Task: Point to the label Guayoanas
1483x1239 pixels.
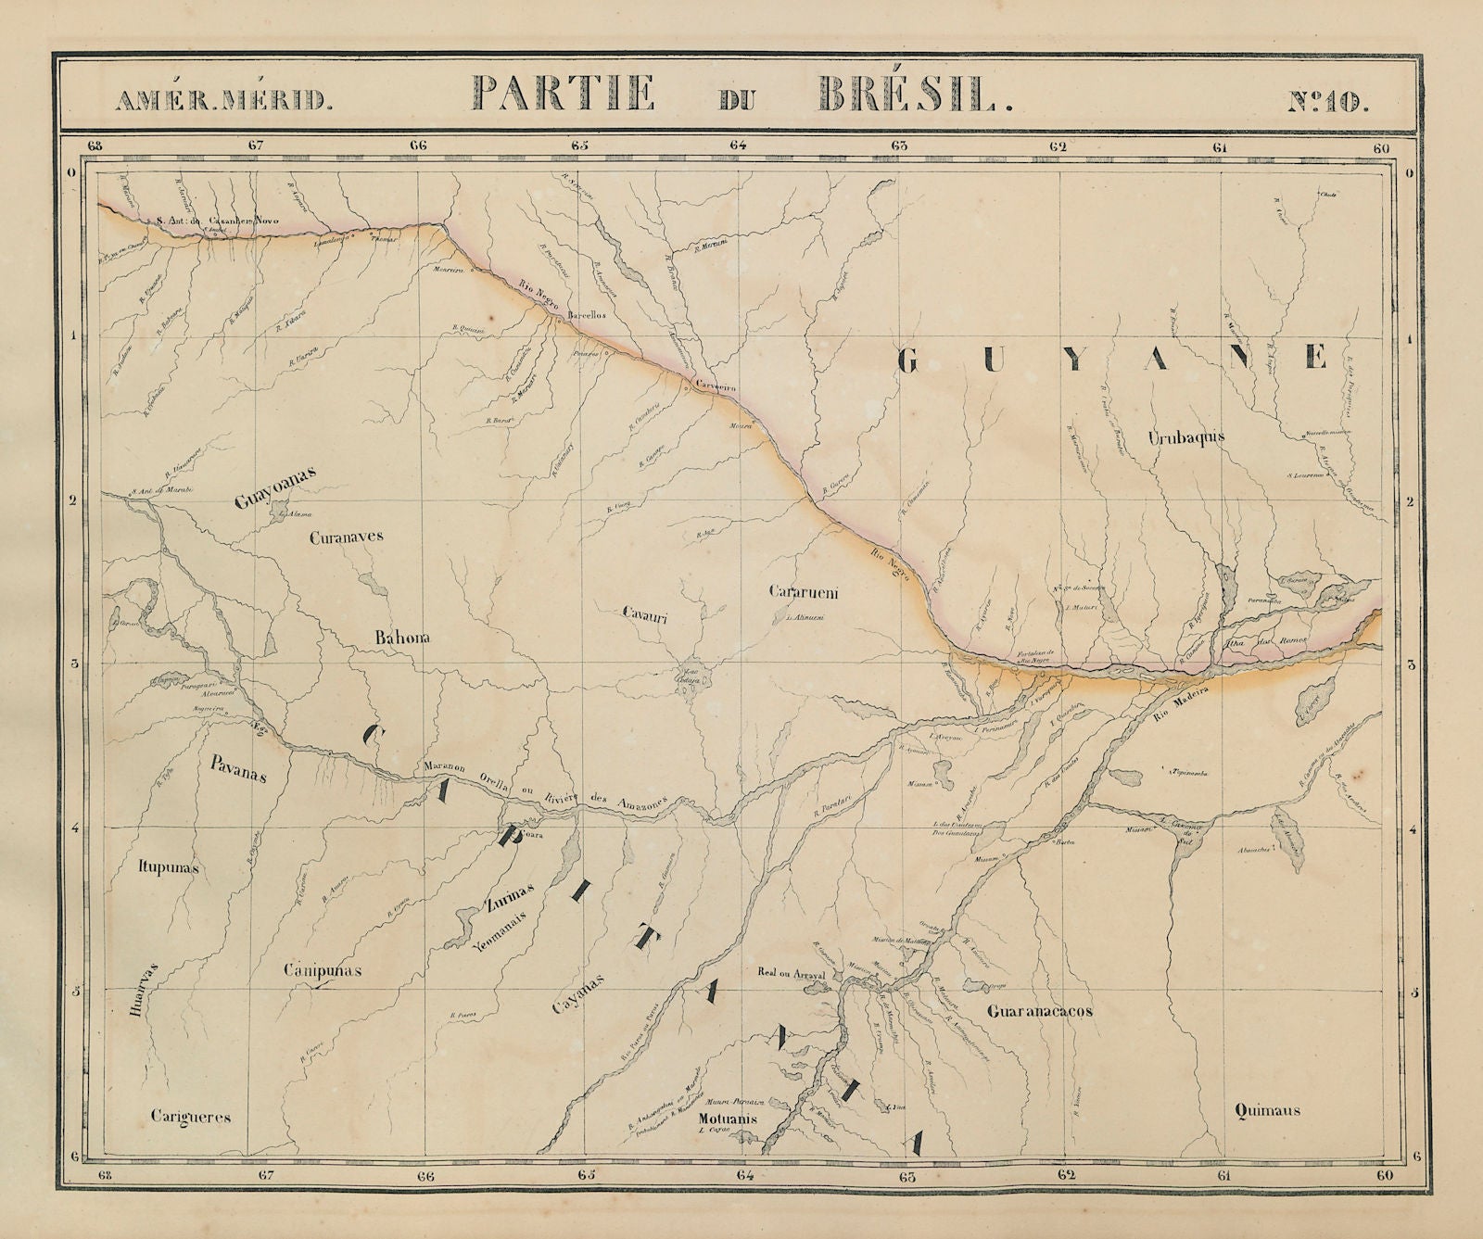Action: pyautogui.click(x=276, y=487)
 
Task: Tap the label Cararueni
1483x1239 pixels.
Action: pyautogui.click(x=804, y=592)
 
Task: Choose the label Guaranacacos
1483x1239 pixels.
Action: pyautogui.click(x=1039, y=1011)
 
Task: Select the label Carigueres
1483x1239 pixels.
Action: pyautogui.click(x=190, y=1118)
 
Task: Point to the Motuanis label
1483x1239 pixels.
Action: pyautogui.click(x=726, y=1119)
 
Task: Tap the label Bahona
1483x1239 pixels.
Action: pyautogui.click(x=405, y=638)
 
